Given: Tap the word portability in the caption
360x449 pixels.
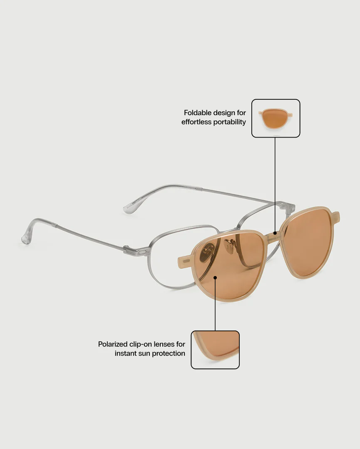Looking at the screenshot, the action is (x=229, y=122).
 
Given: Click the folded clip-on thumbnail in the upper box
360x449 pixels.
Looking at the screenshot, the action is (x=276, y=118).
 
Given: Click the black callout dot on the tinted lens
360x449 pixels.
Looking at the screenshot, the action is (x=215, y=277).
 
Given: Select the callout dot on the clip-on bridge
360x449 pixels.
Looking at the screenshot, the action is (x=275, y=233).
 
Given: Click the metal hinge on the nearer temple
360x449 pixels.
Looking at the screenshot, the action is (x=137, y=251).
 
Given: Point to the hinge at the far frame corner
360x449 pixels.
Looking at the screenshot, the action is (x=287, y=207).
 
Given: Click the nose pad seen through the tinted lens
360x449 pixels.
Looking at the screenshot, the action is (x=208, y=252).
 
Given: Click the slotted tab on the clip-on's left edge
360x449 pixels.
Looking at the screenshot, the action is (x=185, y=261).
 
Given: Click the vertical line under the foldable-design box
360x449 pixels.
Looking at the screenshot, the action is (x=275, y=185).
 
